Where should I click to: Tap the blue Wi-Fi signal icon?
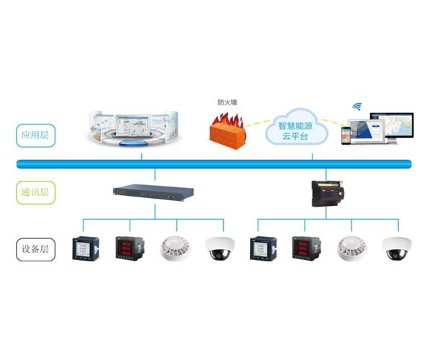pyautogui.click(x=356, y=106)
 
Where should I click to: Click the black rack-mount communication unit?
pyautogui.click(x=156, y=192)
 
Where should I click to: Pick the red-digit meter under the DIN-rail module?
pyautogui.click(x=304, y=248)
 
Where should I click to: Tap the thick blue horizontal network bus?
pyautogui.click(x=216, y=163)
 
